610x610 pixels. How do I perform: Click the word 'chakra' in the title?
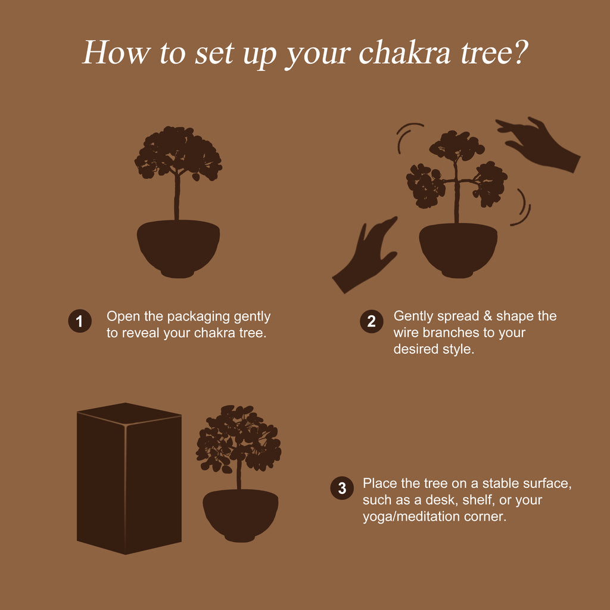(404, 52)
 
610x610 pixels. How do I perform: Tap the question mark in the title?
(520, 52)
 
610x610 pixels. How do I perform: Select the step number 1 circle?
(80, 321)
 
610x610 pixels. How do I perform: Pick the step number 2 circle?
(372, 321)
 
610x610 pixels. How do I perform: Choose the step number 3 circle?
(342, 488)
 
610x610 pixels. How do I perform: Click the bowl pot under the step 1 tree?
(178, 248)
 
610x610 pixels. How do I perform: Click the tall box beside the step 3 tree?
(129, 478)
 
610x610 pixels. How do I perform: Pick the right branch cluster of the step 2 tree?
(490, 183)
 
